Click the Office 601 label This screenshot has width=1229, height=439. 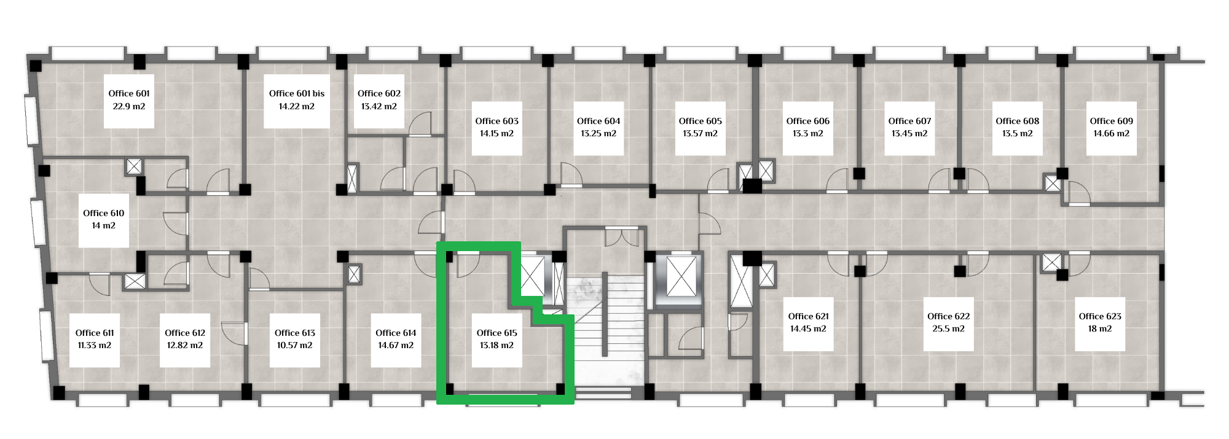point(129,93)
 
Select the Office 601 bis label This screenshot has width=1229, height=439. point(297,93)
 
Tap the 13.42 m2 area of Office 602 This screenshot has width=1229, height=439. point(379,106)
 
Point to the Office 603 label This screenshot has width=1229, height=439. point(497,121)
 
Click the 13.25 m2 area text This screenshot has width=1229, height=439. point(599,133)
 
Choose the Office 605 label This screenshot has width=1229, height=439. point(701,121)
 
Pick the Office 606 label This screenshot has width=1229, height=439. point(808,121)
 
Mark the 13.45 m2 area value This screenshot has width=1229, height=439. point(909,133)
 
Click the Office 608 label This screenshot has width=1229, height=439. point(1018,121)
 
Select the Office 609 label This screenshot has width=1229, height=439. point(1112,121)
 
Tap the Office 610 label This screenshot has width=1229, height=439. point(104,213)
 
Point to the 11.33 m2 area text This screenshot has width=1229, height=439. point(95,345)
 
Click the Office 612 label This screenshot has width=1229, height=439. point(185,333)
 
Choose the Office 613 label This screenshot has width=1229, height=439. point(295,333)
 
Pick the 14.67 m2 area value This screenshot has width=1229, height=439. point(396,345)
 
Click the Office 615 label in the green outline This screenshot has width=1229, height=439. point(497,333)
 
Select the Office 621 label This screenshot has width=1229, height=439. point(809,316)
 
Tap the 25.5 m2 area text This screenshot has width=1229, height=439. point(949,328)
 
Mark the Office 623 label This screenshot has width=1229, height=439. point(1100,316)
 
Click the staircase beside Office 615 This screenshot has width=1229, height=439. point(605,332)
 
